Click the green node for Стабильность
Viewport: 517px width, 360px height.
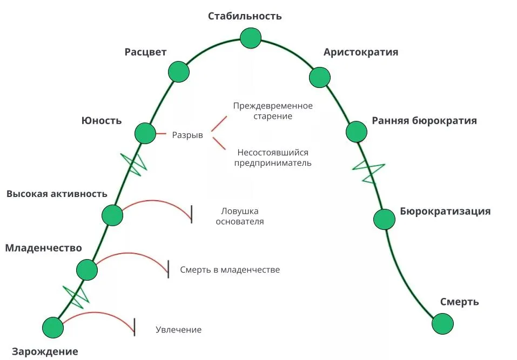tap(250, 38)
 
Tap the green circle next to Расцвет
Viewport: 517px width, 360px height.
tap(179, 71)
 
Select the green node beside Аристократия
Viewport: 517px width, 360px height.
tap(320, 77)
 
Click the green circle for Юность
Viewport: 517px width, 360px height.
tap(145, 133)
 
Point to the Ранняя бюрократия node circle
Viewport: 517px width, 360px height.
tap(356, 131)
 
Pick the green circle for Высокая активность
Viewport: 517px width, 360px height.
tap(112, 215)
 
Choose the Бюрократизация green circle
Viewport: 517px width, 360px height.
tap(384, 219)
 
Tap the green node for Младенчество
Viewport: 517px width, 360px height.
tap(86, 269)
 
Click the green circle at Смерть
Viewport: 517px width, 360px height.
tap(443, 324)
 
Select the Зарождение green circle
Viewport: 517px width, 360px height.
tap(53, 327)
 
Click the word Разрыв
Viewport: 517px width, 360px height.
tap(187, 135)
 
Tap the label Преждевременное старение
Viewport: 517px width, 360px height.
tap(273, 111)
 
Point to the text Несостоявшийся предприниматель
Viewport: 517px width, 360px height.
tap(273, 157)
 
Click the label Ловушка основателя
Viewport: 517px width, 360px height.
tap(240, 216)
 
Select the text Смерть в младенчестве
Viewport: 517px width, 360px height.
tap(230, 269)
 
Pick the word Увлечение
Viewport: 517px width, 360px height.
tap(178, 329)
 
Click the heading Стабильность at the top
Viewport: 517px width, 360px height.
tap(245, 16)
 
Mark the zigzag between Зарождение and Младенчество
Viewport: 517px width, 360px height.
tap(76, 294)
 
